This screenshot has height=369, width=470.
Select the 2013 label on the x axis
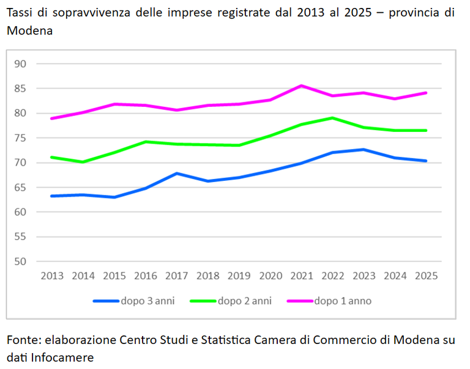[52, 276]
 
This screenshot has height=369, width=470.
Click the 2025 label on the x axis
[427, 276]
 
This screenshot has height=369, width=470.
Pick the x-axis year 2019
[239, 276]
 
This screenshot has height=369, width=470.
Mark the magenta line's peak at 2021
[302, 86]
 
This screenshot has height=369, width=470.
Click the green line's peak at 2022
[333, 118]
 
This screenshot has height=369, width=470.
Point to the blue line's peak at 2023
[364, 149]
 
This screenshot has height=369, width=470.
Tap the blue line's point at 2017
[177, 174]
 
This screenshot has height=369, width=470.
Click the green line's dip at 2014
[83, 162]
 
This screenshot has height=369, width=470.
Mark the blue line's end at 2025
[427, 161]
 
